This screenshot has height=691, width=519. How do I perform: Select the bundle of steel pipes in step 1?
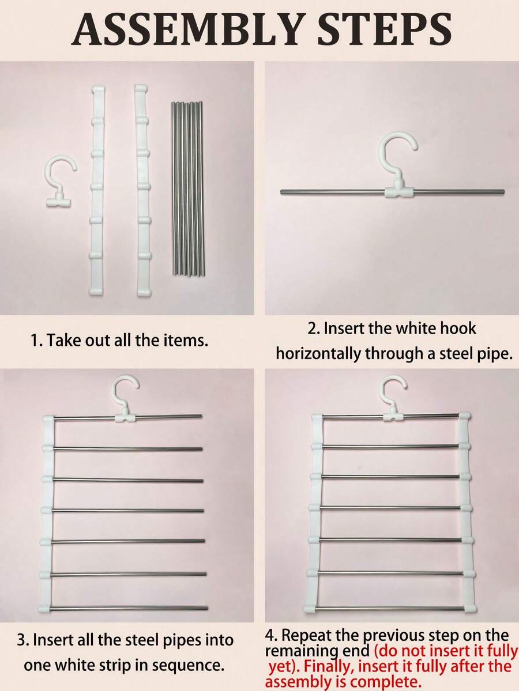click(187, 188)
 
